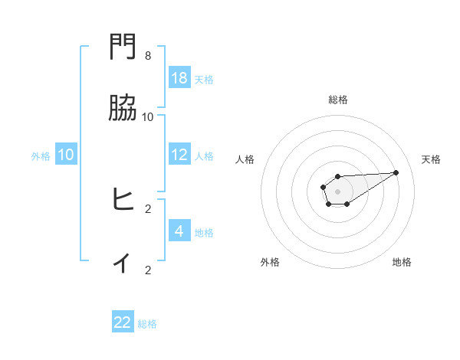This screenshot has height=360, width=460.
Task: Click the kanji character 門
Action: click(123, 47)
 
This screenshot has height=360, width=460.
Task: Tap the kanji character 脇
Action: click(123, 109)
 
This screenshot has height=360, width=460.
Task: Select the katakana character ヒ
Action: click(123, 200)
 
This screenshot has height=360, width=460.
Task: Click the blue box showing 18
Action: click(179, 77)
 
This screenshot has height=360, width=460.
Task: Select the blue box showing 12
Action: click(179, 154)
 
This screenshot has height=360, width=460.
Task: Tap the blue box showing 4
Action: click(179, 231)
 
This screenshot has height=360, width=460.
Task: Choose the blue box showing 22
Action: click(123, 322)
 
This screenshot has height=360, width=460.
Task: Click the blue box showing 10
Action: click(66, 154)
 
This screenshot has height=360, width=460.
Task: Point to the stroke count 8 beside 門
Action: click(148, 56)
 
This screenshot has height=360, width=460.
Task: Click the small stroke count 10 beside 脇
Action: click(148, 117)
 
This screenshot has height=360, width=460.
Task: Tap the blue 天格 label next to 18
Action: click(204, 79)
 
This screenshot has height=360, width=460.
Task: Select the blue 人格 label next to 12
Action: click(204, 155)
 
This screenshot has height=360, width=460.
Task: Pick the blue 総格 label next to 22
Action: click(147, 324)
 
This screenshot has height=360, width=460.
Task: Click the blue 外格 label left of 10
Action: click(41, 155)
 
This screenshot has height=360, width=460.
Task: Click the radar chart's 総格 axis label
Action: click(337, 100)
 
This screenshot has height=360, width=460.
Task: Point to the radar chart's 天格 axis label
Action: click(431, 159)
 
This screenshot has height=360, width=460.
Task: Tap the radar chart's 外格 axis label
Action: click(271, 262)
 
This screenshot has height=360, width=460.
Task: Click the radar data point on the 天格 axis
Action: click(396, 172)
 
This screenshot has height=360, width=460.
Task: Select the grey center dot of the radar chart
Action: click(337, 191)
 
